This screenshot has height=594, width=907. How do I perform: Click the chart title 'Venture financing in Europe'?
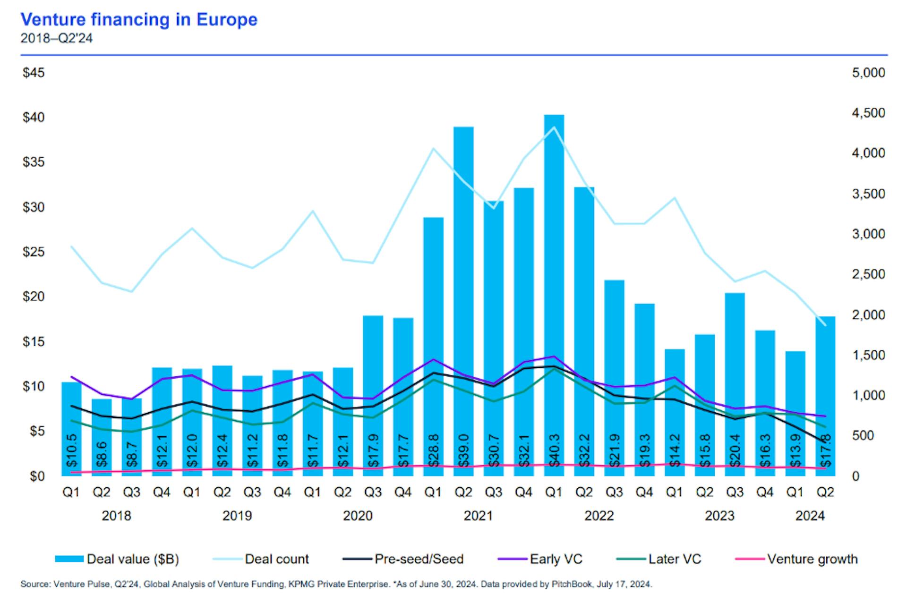(x=139, y=19)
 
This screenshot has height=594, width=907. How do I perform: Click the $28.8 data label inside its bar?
(x=433, y=451)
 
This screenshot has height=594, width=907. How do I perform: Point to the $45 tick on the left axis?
(x=34, y=73)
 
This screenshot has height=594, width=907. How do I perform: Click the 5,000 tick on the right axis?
(x=868, y=73)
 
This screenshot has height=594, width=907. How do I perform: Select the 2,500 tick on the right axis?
(x=868, y=274)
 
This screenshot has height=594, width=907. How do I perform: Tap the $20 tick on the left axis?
(x=34, y=297)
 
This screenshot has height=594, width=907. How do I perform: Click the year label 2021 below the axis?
(x=478, y=516)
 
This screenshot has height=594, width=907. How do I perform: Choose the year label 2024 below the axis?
(x=810, y=516)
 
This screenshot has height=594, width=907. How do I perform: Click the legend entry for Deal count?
(x=276, y=559)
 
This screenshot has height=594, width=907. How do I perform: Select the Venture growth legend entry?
(x=812, y=559)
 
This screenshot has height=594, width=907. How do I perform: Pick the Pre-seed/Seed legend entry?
(x=419, y=559)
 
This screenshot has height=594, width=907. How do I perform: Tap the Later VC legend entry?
(x=675, y=559)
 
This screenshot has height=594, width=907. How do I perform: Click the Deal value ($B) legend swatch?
(x=69, y=559)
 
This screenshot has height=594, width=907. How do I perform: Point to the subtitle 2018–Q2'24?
(x=56, y=38)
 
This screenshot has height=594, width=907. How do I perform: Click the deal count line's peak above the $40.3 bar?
(x=554, y=127)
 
